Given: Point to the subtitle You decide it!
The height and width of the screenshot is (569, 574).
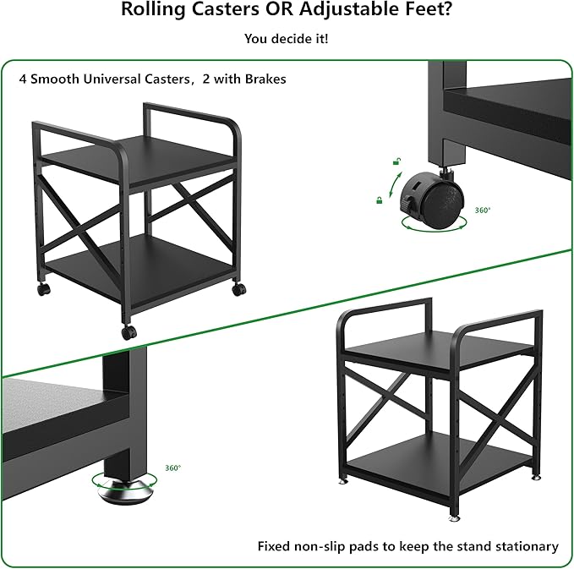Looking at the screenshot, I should click(287, 39).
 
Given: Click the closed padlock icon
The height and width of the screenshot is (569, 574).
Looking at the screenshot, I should click(380, 200).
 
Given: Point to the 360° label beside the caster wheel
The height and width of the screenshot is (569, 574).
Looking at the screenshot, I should click(482, 211).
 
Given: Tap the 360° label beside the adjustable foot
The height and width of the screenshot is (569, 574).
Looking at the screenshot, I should click(173, 468).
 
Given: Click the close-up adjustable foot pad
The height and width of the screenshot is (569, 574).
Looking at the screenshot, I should click(127, 492).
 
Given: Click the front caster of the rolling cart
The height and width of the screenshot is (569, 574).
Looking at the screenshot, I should click(128, 332).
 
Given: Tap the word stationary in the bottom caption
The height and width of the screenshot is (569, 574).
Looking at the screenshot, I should click(526, 546).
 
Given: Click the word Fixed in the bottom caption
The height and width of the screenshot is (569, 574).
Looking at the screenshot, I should click(274, 546).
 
